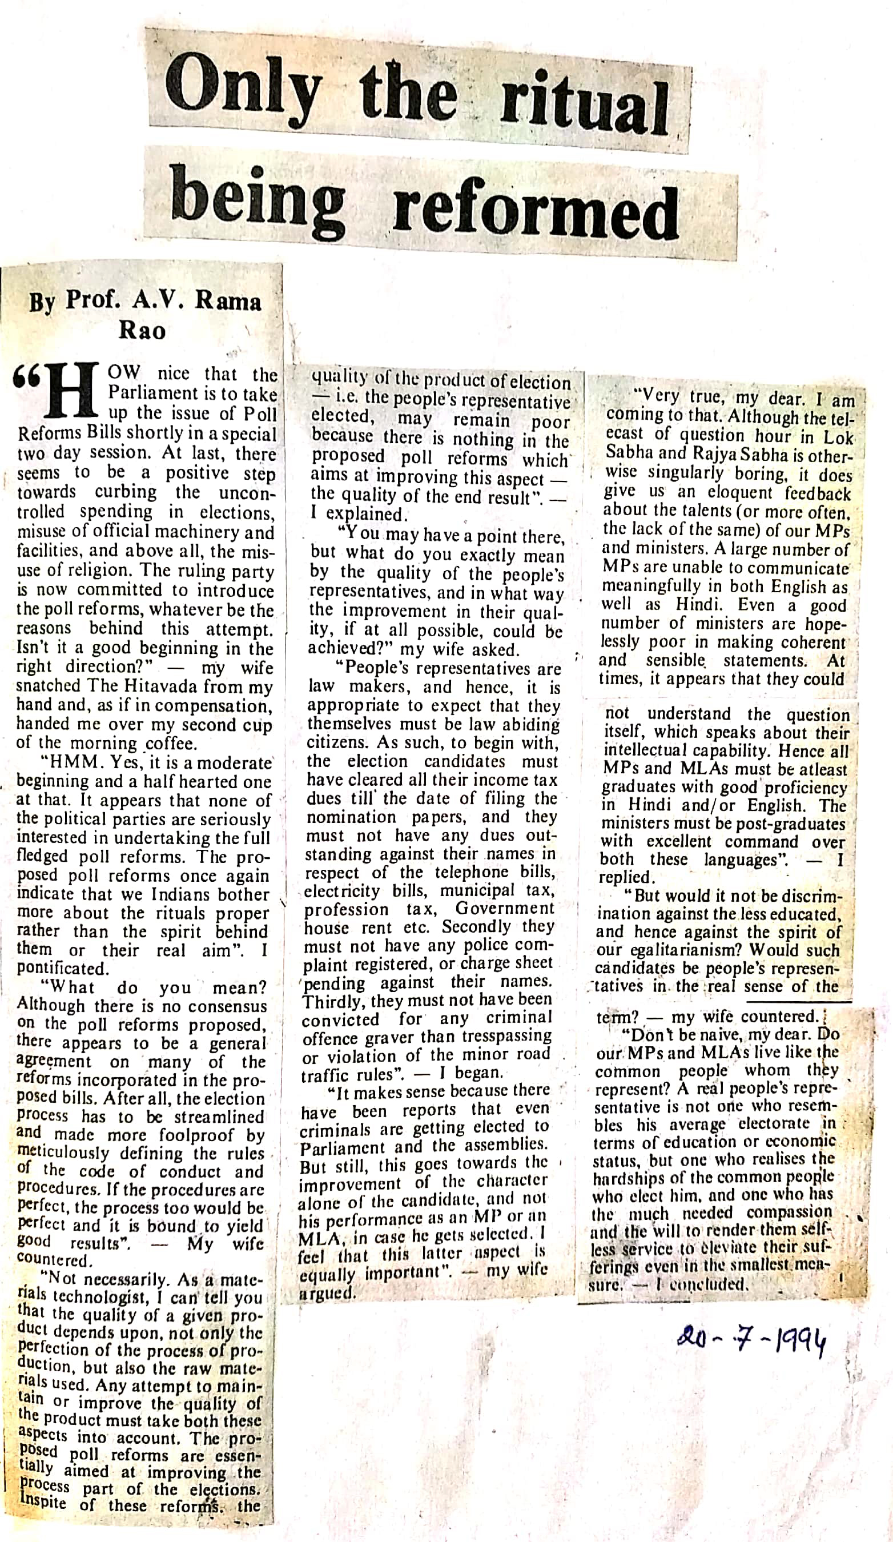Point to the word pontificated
pyautogui.click(x=61, y=969)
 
